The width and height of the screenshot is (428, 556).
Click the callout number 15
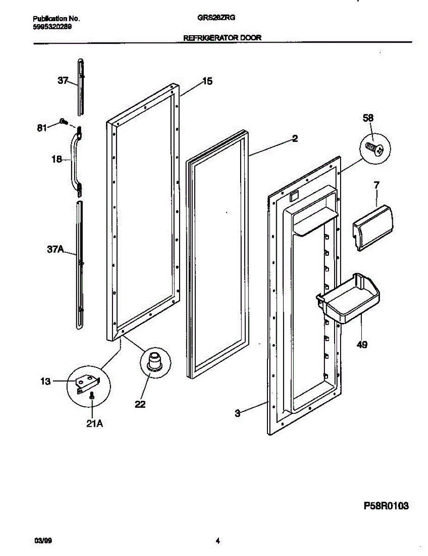click(x=207, y=82)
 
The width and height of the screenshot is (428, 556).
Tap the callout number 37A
click(x=55, y=250)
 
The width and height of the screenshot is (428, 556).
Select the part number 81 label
click(x=42, y=128)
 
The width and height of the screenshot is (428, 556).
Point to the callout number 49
click(x=362, y=344)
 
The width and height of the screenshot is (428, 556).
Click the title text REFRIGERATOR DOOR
click(x=223, y=38)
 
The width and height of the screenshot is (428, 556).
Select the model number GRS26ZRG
click(x=217, y=19)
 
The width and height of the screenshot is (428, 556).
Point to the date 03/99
click(x=41, y=540)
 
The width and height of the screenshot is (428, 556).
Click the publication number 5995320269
click(x=52, y=26)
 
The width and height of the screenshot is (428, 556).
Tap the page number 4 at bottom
click(x=217, y=540)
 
